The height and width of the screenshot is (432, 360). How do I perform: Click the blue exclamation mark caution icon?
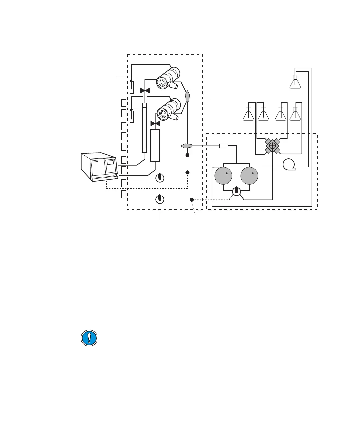[89, 338]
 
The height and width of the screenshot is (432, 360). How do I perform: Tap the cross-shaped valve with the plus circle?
[272, 146]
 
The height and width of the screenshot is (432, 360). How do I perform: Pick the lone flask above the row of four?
[295, 82]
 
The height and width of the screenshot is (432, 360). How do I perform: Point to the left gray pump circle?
[223, 176]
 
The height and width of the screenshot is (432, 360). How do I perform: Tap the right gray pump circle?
[249, 176]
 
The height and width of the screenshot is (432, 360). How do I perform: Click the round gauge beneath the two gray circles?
[236, 191]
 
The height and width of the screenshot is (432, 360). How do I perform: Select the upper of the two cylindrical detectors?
[168, 78]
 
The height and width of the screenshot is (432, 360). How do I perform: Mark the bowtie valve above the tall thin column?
[145, 90]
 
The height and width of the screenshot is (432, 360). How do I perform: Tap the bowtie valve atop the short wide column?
[155, 124]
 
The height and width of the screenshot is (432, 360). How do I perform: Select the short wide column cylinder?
[155, 145]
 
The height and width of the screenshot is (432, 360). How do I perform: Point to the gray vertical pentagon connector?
[188, 96]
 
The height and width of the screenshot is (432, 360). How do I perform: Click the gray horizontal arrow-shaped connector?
[187, 146]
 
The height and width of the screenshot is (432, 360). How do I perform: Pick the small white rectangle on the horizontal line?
[223, 146]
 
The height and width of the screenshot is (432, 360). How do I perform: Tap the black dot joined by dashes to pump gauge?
[192, 200]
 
